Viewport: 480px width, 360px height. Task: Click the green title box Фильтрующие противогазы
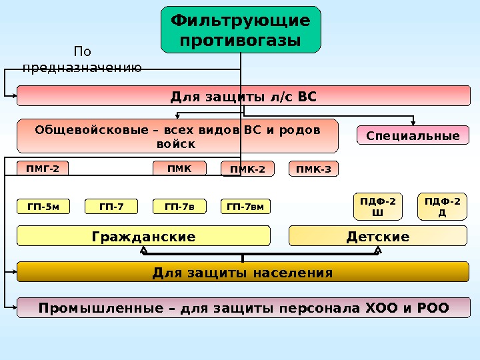pos(241,30)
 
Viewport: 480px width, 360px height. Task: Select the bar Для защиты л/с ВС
pos(243,96)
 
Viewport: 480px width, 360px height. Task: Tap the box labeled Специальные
pos(413,136)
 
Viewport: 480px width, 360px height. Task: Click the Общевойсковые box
pos(177,136)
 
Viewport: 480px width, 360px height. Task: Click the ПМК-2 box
pos(247,169)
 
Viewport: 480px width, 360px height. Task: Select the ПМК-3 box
pos(314,169)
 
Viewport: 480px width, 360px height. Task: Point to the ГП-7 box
pos(111,207)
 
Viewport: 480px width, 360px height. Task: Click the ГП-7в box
pos(179,207)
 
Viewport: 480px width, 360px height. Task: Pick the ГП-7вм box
pos(245,207)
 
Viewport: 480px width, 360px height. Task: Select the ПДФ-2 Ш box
pos(377,207)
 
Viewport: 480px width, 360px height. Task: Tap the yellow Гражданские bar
pos(143,236)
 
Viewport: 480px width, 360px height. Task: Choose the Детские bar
pos(378,236)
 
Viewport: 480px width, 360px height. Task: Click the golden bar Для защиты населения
pos(243,272)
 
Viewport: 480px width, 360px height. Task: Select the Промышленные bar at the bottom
pos(243,308)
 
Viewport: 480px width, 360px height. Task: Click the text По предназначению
pos(82,59)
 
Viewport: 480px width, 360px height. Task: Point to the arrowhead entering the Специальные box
pos(414,123)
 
